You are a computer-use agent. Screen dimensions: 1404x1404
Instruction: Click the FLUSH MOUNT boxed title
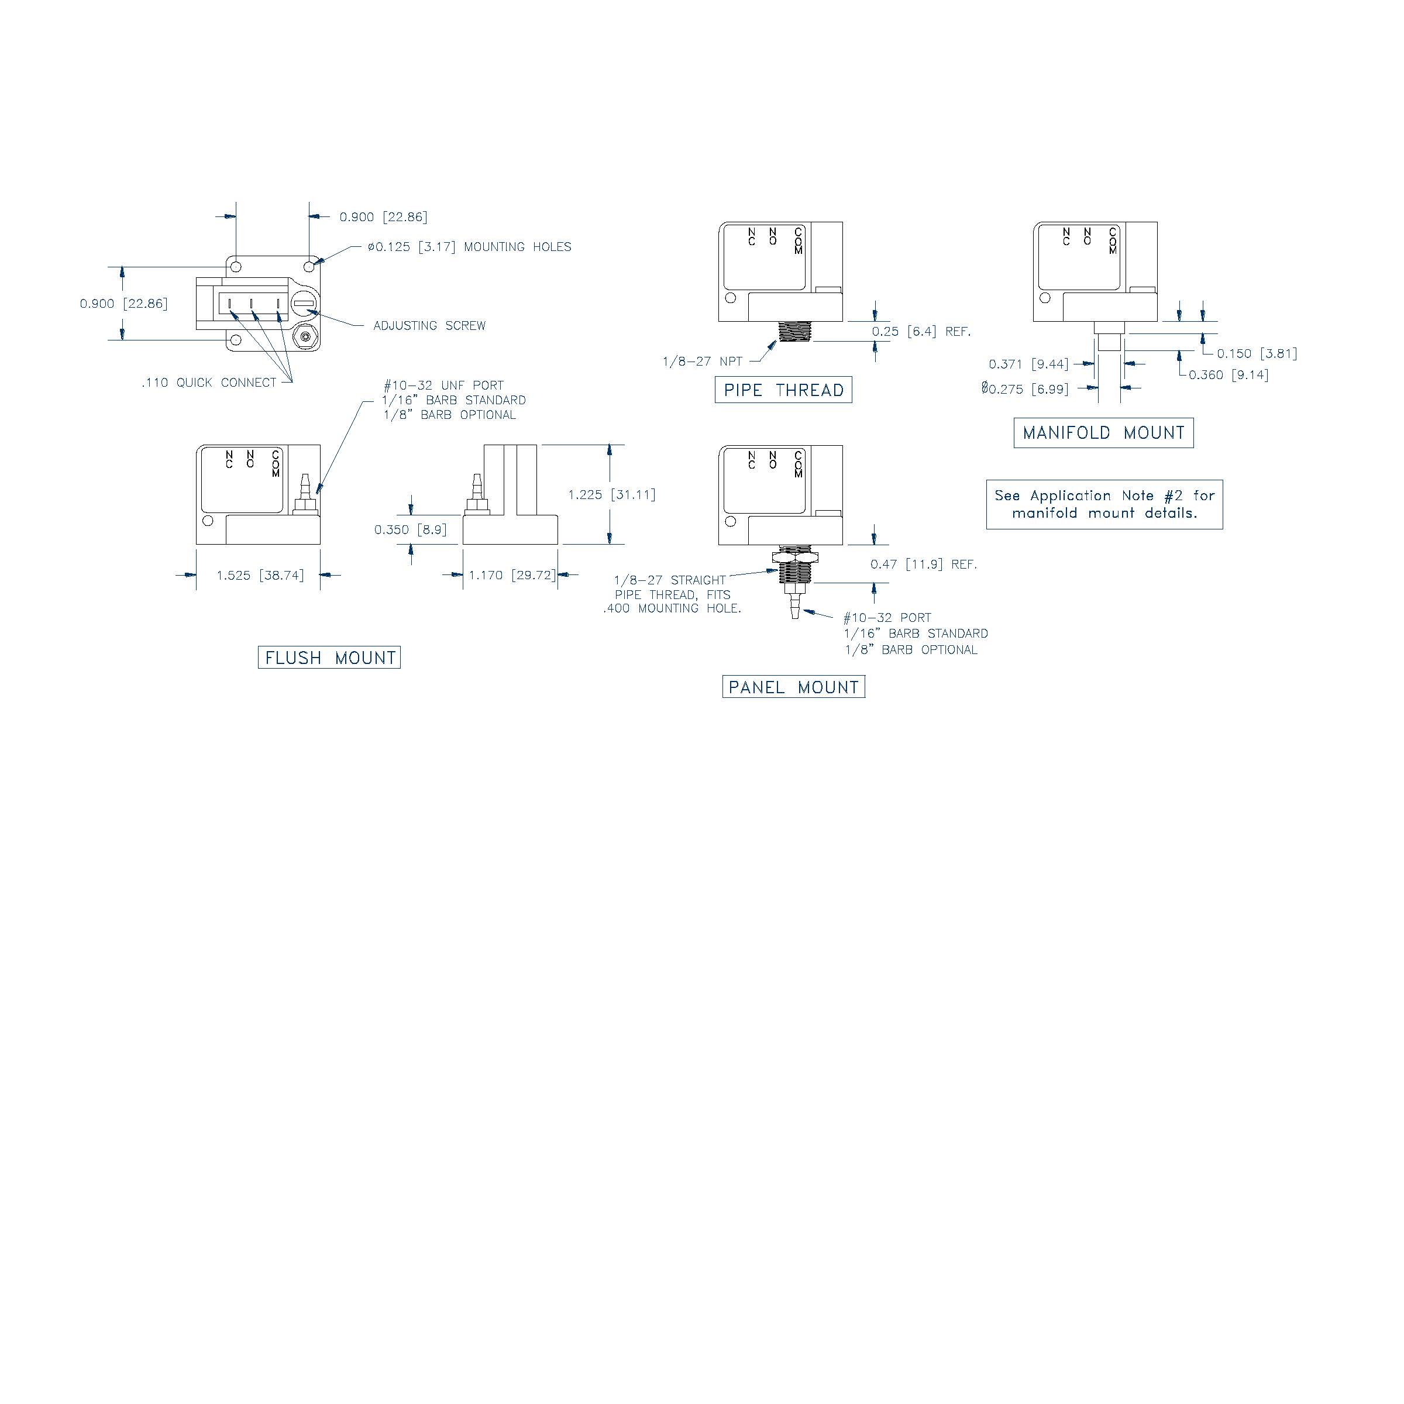tap(329, 658)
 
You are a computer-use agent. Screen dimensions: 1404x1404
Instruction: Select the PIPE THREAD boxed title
tap(783, 390)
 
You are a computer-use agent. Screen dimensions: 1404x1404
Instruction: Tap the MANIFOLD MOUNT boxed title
tap(1103, 433)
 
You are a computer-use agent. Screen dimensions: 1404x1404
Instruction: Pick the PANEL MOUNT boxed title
tap(794, 687)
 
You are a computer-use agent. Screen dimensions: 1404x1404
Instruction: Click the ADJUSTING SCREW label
tap(429, 326)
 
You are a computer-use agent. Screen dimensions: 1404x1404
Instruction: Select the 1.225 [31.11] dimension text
tap(611, 495)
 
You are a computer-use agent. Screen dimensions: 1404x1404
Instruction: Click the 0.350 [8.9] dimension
tap(411, 530)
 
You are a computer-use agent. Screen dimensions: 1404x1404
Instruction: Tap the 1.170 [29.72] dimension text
tap(512, 576)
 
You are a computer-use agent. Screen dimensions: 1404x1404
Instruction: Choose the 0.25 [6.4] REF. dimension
tap(921, 331)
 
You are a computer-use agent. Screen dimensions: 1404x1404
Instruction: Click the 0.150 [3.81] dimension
tap(1257, 354)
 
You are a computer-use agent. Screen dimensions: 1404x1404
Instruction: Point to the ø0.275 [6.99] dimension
tap(1025, 390)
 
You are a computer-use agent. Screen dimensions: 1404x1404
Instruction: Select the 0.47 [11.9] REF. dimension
tap(923, 565)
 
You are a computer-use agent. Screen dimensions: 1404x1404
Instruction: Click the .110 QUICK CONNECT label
tap(209, 383)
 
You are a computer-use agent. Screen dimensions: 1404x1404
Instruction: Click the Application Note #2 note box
tap(1104, 504)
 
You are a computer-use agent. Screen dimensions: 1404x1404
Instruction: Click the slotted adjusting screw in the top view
tap(304, 303)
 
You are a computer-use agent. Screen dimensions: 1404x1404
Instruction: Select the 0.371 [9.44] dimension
tap(1028, 364)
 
